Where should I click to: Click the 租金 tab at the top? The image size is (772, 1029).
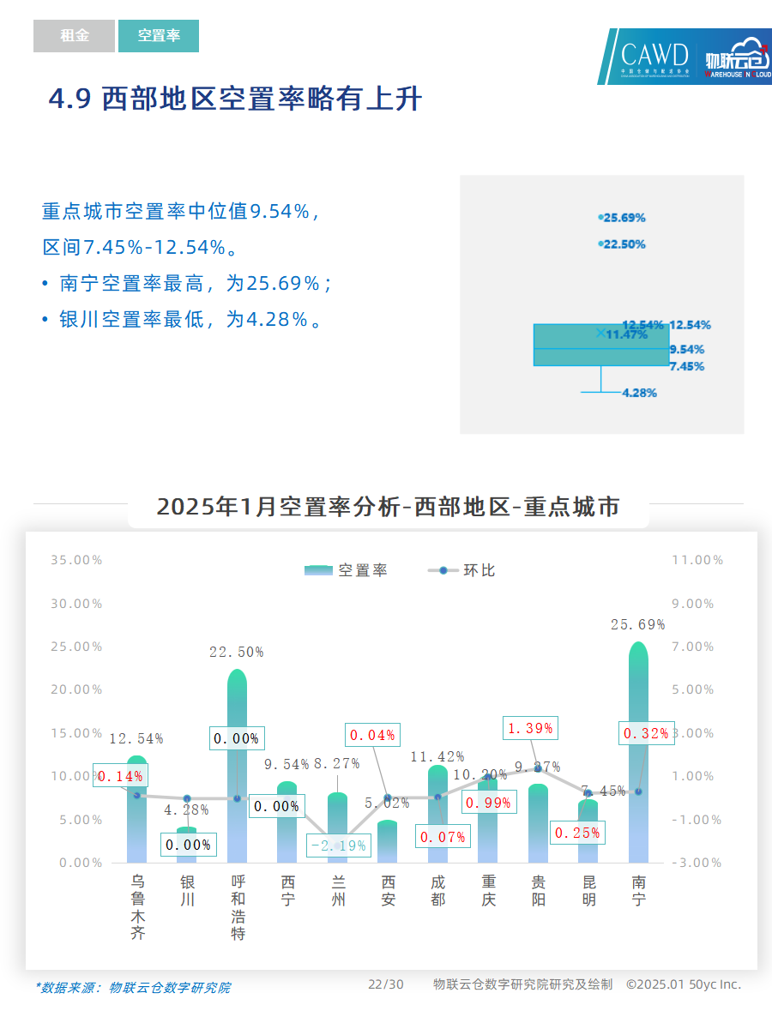[74, 36]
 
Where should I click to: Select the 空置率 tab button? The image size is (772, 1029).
[159, 36]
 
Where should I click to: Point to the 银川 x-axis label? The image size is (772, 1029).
[188, 891]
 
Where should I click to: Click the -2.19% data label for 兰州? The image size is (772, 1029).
[338, 845]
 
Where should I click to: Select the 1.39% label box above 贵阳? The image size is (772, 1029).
[530, 728]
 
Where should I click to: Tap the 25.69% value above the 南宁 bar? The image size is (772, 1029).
[637, 625]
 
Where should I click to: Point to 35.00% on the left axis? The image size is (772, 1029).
[76, 560]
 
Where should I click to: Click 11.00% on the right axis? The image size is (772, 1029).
[697, 560]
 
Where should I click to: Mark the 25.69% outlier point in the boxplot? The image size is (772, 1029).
[600, 218]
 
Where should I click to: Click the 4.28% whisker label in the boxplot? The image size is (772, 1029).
[639, 393]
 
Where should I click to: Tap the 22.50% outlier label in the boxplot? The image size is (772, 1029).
[624, 244]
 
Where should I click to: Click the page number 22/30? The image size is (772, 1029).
[386, 984]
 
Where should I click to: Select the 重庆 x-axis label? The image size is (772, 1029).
[489, 891]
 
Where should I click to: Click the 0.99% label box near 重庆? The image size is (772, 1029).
[489, 803]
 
